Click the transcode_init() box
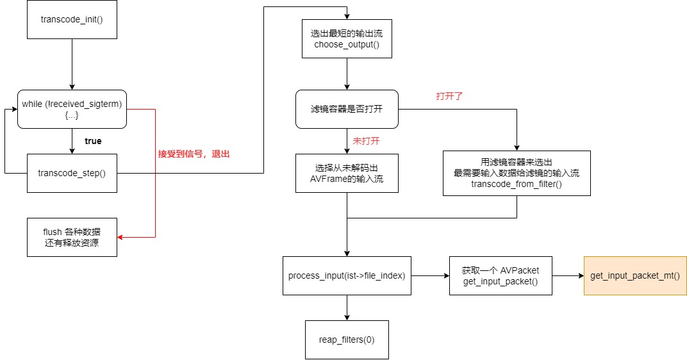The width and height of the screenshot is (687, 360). tap(72, 19)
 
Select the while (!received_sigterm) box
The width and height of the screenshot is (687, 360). tap(72, 109)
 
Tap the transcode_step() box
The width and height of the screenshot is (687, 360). tap(72, 173)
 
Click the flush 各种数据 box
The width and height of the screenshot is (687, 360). tap(72, 237)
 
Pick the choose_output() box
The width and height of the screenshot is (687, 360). tap(347, 38)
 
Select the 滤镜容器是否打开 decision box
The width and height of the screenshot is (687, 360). tap(347, 109)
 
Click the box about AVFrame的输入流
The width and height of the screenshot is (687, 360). tap(347, 173)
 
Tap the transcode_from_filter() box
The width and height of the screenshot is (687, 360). tap(517, 173)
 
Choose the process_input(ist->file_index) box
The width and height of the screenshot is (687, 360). tap(347, 275)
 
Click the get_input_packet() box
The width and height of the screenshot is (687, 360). tap(501, 275)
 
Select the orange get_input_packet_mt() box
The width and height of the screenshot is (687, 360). tap(634, 275)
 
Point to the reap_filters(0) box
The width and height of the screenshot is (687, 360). tap(347, 340)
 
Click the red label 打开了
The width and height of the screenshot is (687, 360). tap(449, 97)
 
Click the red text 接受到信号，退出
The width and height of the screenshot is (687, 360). tap(194, 154)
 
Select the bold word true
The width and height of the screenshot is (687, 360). tap(93, 140)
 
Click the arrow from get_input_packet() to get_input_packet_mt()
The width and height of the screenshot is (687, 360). tap(568, 275)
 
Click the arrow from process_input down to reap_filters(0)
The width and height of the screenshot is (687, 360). tap(347, 307)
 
